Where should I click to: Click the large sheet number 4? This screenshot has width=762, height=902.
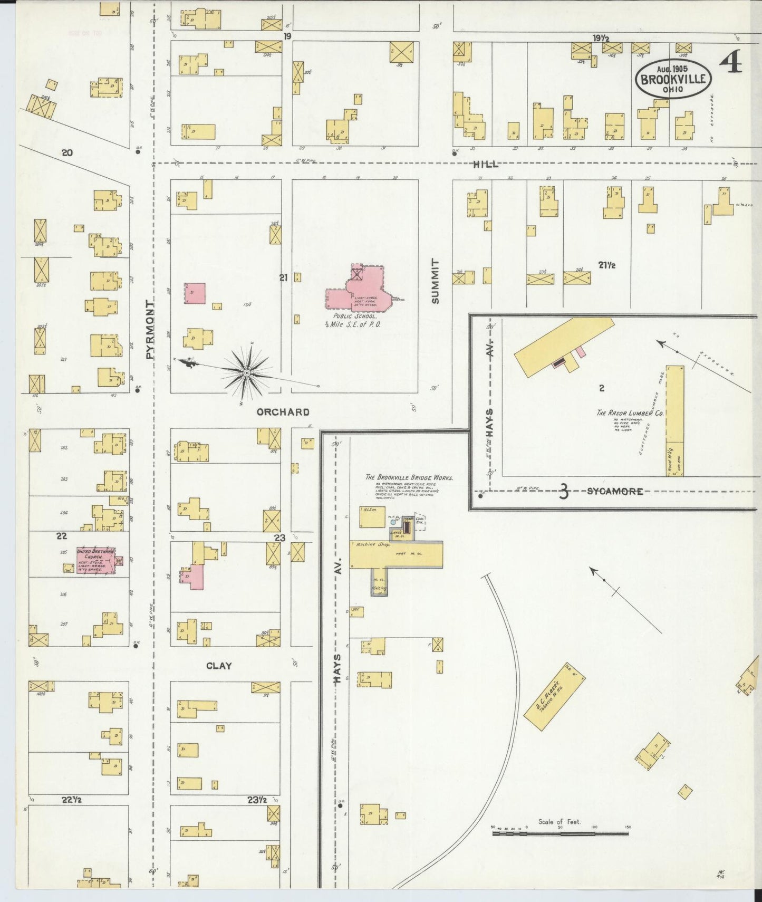pyautogui.click(x=730, y=62)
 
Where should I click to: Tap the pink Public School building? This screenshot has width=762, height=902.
pyautogui.click(x=364, y=293)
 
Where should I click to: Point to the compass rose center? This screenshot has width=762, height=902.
pyautogui.click(x=246, y=373)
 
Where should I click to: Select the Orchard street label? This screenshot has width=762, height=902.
pyautogui.click(x=283, y=412)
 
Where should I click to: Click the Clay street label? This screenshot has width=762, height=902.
pyautogui.click(x=219, y=666)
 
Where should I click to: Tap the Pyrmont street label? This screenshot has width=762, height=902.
pyautogui.click(x=150, y=330)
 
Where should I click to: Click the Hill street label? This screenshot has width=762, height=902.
pyautogui.click(x=486, y=165)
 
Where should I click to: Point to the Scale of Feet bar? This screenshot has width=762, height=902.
pyautogui.click(x=560, y=834)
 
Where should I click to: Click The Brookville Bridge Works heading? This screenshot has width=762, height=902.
pyautogui.click(x=409, y=477)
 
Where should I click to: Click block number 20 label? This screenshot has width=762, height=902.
pyautogui.click(x=66, y=153)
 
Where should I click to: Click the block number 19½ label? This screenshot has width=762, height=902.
pyautogui.click(x=600, y=38)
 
